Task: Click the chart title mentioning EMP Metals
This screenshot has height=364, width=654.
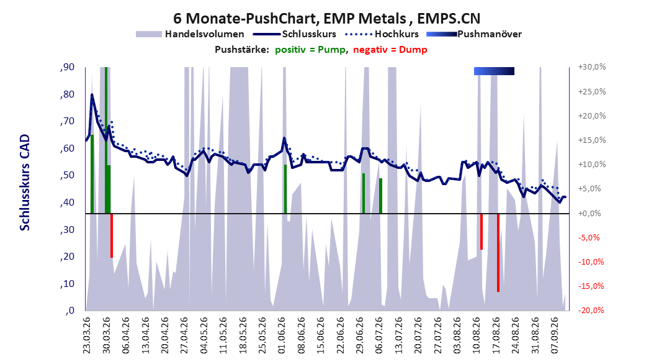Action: (x=326, y=19)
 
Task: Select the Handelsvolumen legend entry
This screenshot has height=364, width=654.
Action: (x=190, y=34)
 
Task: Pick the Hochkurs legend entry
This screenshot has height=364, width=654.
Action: (x=382, y=34)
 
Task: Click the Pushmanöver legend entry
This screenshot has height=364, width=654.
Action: (x=474, y=34)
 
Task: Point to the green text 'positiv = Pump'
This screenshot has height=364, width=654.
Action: (x=310, y=50)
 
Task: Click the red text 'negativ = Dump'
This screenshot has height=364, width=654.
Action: (x=390, y=50)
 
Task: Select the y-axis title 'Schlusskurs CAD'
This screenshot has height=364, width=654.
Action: (x=25, y=183)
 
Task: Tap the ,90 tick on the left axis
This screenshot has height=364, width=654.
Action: (x=67, y=67)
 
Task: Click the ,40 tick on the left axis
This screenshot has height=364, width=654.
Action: (x=67, y=202)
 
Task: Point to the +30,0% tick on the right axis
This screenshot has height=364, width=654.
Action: (x=592, y=67)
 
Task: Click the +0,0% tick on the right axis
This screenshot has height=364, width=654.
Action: (x=589, y=213)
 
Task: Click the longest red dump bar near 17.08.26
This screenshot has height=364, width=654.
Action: (x=498, y=253)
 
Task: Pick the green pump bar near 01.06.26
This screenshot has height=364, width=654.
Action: (x=285, y=189)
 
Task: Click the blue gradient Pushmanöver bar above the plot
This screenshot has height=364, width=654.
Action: (x=494, y=71)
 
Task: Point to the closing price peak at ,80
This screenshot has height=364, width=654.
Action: (x=92, y=95)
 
